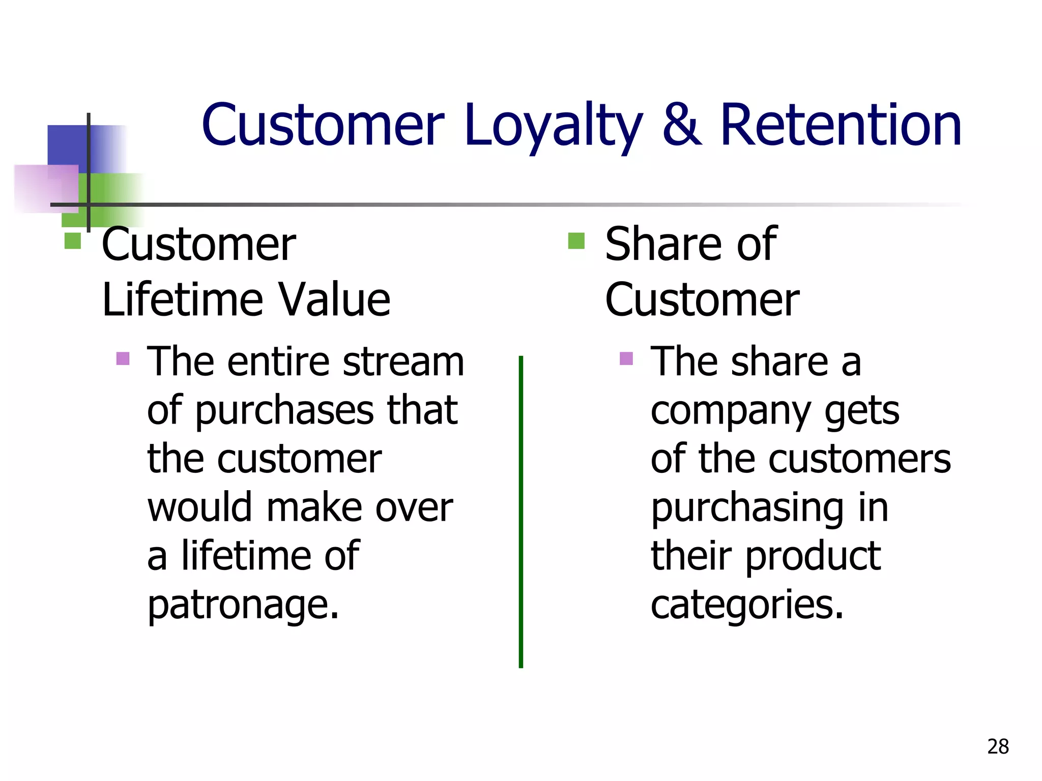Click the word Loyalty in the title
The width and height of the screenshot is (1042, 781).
pyautogui.click(x=554, y=126)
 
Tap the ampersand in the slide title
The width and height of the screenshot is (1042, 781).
pyautogui.click(x=682, y=126)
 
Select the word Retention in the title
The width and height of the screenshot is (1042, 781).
pyautogui.click(x=841, y=126)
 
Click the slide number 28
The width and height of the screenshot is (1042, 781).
pyautogui.click(x=998, y=746)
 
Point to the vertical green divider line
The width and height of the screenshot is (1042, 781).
pyautogui.click(x=520, y=511)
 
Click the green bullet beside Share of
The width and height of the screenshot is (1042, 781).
pyautogui.click(x=576, y=241)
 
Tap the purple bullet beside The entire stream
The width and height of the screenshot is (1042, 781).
pyautogui.click(x=123, y=359)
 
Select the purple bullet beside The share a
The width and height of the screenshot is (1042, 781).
pyautogui.click(x=626, y=359)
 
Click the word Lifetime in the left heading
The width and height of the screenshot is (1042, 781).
pyautogui.click(x=181, y=300)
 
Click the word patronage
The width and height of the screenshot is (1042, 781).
pyautogui.click(x=243, y=605)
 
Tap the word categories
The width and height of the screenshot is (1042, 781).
pyautogui.click(x=747, y=605)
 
